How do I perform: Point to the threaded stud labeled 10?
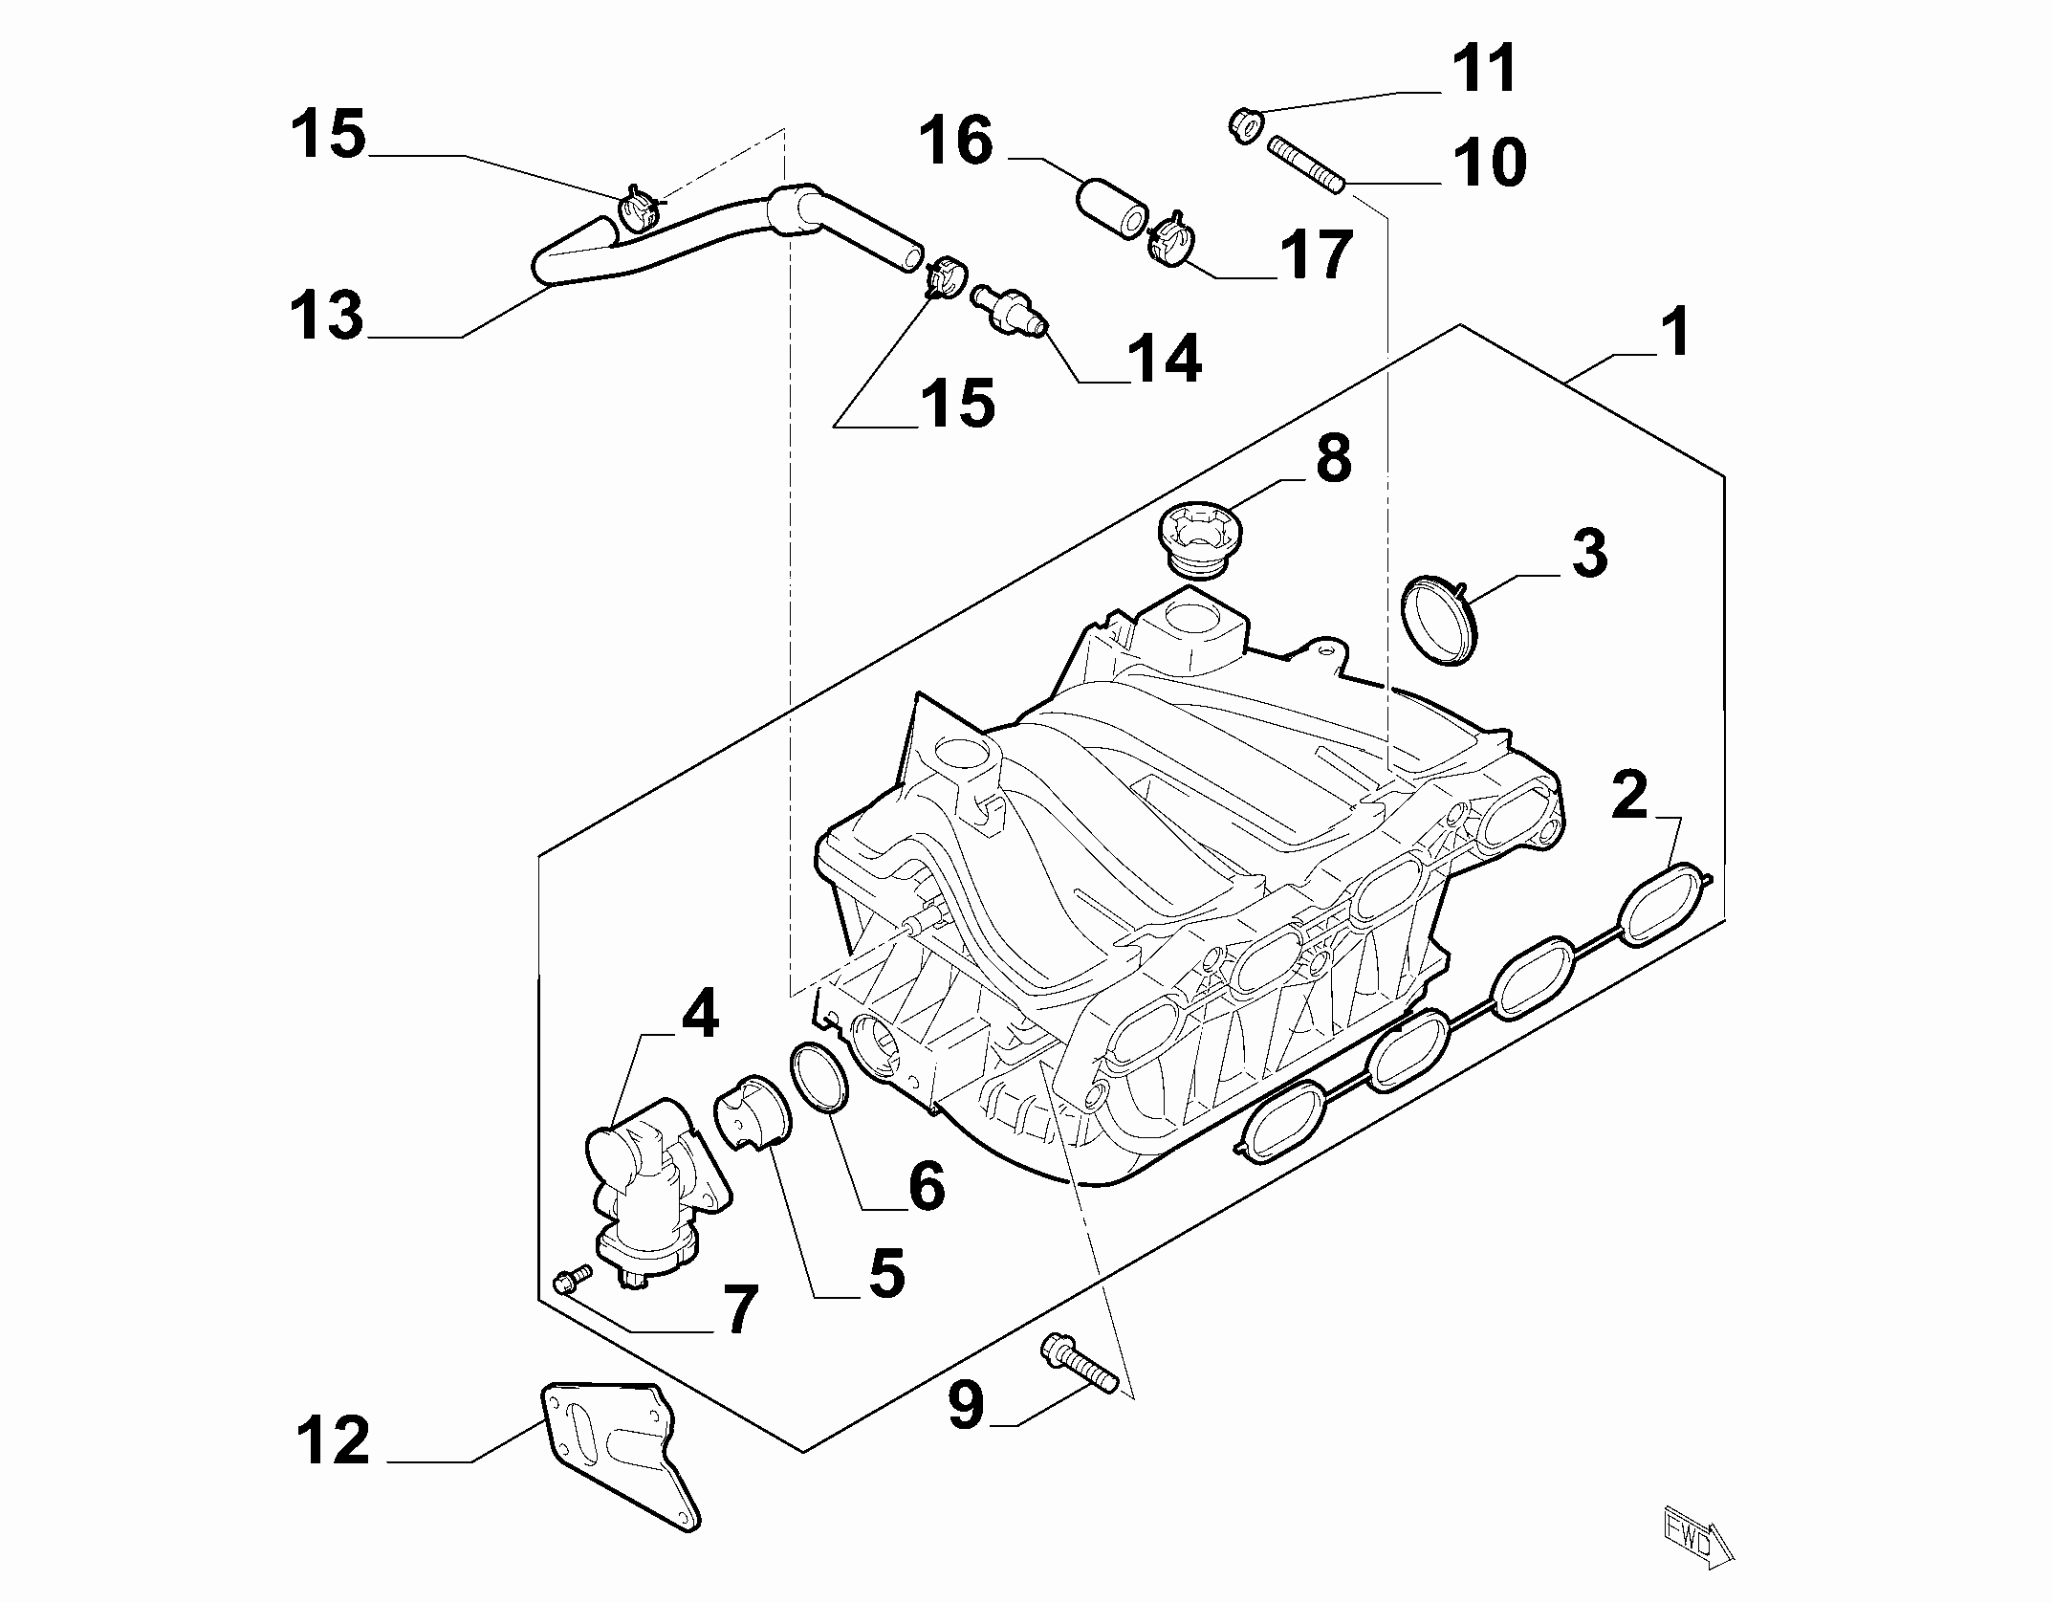pos(1307,165)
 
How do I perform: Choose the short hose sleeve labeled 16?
pos(1112,205)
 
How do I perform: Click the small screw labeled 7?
pos(572,1278)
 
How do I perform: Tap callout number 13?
pos(328,316)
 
